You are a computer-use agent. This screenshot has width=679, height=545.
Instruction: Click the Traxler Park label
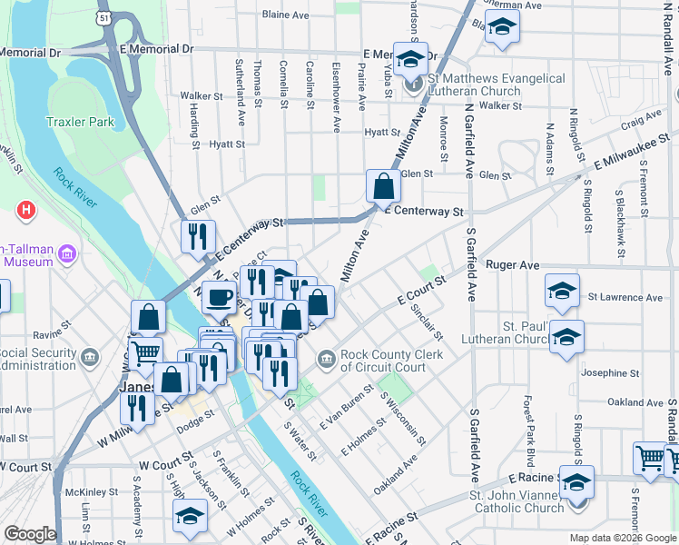[79, 121]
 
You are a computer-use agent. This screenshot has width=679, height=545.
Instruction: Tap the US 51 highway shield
[106, 16]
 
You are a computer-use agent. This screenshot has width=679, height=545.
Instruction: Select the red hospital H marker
[27, 211]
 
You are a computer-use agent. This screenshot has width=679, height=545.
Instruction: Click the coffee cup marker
[218, 297]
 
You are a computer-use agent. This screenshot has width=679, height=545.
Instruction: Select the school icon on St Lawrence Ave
[562, 291]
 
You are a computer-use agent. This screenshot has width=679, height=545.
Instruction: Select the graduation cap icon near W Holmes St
[190, 517]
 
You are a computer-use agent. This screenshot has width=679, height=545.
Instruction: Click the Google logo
[30, 534]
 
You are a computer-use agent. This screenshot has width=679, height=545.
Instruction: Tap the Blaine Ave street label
[287, 15]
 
